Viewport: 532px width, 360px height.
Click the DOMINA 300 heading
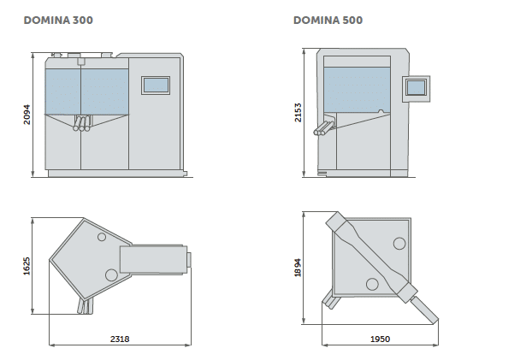(58, 19)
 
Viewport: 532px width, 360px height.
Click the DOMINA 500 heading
(328, 19)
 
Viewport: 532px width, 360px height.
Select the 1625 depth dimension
(27, 266)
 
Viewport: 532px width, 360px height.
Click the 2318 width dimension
(121, 339)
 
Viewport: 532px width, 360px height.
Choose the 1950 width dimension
(380, 339)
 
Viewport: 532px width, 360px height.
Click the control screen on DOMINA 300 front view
(156, 84)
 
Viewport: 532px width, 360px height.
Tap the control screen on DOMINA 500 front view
(417, 86)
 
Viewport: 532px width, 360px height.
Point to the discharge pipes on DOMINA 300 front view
(82, 125)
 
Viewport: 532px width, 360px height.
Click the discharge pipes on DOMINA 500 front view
(325, 128)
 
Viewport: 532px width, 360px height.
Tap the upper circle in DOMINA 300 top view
(102, 235)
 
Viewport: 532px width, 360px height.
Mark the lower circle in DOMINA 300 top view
(111, 274)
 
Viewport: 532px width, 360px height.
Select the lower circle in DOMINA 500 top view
(372, 284)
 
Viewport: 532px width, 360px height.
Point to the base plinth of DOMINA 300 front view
(115, 174)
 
